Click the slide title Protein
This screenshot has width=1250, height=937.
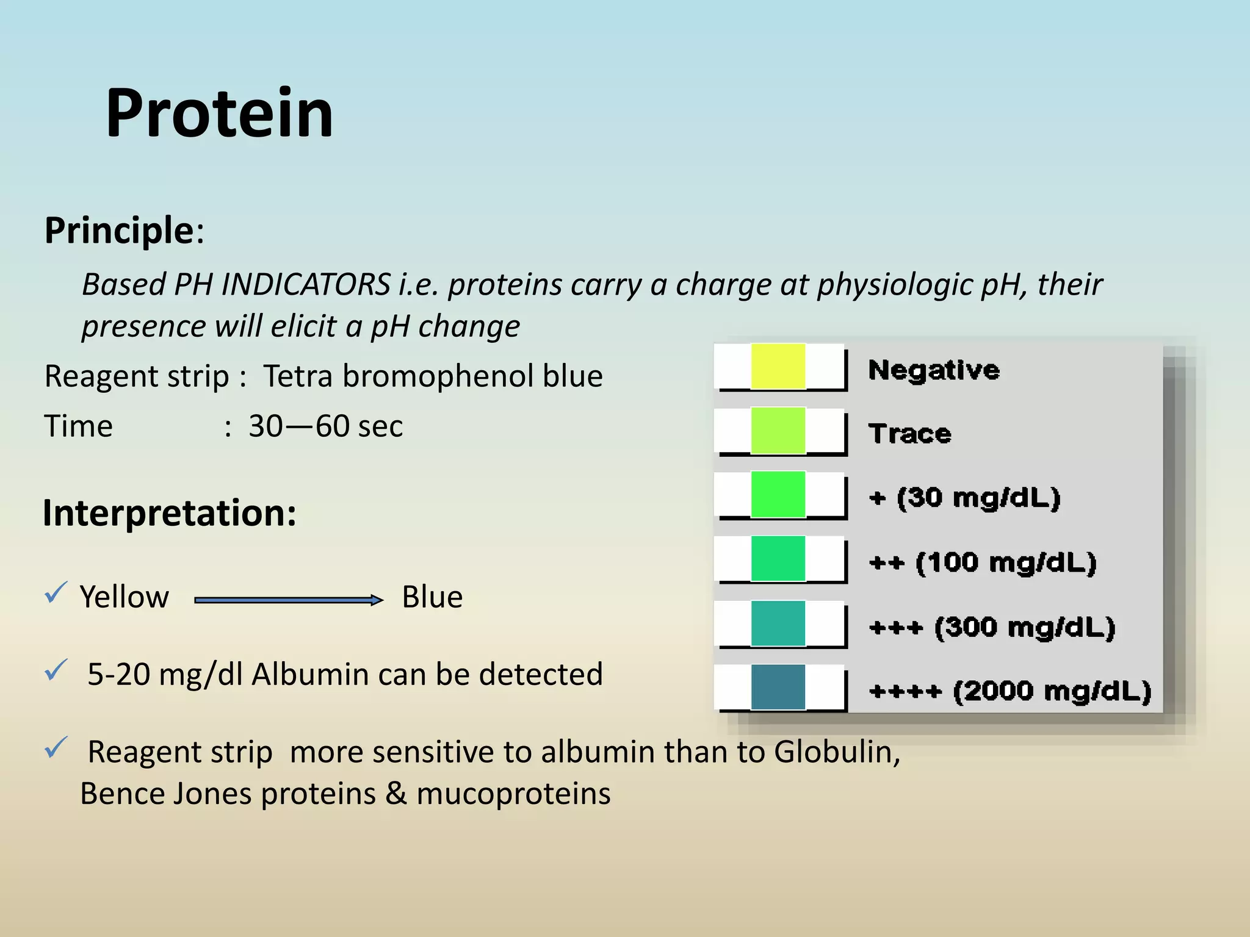tap(219, 113)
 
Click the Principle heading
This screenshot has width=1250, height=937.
tap(120, 231)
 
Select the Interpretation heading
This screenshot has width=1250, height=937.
tap(169, 513)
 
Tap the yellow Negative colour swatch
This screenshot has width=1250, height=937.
tap(778, 366)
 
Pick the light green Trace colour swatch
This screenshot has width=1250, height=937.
tap(778, 431)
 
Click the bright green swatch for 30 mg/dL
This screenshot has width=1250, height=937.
tap(778, 494)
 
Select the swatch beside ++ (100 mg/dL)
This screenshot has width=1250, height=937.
tap(778, 559)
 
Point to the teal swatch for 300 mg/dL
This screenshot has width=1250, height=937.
tap(778, 623)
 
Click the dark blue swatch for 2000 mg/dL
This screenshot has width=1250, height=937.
tap(778, 687)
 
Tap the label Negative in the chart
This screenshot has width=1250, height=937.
tap(934, 370)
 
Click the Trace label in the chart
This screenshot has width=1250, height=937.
tap(909, 434)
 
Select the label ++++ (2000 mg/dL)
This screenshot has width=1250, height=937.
tap(1010, 691)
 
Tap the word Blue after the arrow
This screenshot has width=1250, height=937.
tap(432, 597)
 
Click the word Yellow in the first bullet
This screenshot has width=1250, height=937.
tap(124, 597)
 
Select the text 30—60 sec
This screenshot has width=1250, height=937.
tap(325, 426)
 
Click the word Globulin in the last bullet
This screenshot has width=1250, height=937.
tap(836, 752)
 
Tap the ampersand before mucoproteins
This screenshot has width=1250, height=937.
tap(396, 794)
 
